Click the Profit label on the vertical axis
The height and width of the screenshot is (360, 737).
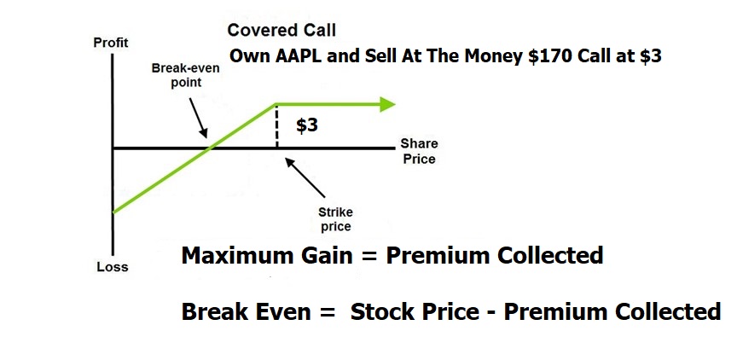coord(111,43)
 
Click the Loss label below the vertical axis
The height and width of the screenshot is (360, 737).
coord(113,267)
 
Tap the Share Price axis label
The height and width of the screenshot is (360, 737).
coord(419,151)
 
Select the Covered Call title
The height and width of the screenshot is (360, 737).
coord(281,31)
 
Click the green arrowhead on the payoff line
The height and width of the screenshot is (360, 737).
coord(387,104)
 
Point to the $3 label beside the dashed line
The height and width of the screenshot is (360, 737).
coord(307,125)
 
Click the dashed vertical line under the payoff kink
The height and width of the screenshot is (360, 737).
coord(277,126)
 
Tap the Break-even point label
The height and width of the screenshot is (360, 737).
coord(185,75)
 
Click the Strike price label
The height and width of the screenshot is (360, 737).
coord(335,219)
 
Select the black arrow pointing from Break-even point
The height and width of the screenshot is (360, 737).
coord(198,118)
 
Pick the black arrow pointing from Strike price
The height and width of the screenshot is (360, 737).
coord(305,177)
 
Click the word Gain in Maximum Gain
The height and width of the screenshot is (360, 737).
coord(331,256)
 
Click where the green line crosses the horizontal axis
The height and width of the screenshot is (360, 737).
coord(210,148)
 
